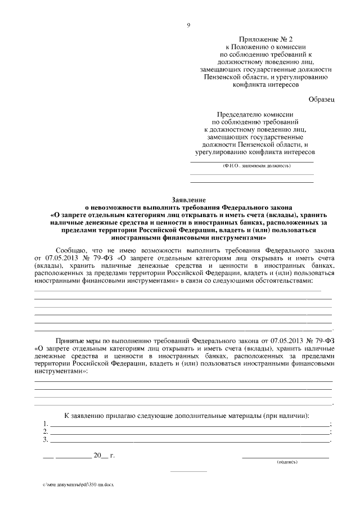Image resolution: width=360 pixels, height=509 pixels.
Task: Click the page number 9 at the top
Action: pyautogui.click(x=188, y=24)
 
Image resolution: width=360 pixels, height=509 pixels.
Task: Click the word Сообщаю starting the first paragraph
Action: pyautogui.click(x=71, y=250)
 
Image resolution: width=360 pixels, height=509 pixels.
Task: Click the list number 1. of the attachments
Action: pyautogui.click(x=45, y=424)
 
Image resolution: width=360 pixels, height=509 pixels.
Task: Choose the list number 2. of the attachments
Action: pyautogui.click(x=45, y=432)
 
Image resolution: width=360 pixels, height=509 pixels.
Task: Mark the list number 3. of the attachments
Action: pyautogui.click(x=45, y=440)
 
